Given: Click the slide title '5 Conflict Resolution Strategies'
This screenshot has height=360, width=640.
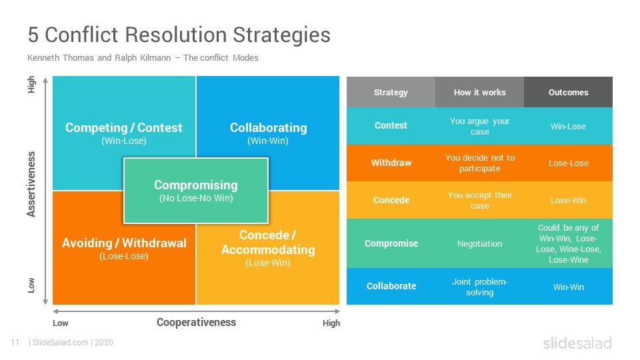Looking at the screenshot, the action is (179, 35).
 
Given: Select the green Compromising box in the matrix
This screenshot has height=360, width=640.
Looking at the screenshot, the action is (196, 191).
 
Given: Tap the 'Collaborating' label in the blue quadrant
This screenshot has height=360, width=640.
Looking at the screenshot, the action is (268, 128).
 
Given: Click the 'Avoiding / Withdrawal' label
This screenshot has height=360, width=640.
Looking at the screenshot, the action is (124, 243).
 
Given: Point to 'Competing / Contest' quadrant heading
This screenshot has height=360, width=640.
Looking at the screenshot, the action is (124, 128).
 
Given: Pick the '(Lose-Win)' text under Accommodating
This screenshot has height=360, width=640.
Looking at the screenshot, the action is (268, 263).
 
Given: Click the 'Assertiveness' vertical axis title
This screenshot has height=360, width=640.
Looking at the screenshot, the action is (31, 184).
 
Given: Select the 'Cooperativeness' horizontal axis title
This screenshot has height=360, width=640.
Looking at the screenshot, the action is (196, 322).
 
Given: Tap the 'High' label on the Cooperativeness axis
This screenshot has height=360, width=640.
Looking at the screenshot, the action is (331, 323).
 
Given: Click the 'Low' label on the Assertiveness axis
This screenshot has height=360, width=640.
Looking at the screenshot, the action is (31, 285).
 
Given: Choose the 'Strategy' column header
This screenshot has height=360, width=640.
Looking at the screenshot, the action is (391, 93).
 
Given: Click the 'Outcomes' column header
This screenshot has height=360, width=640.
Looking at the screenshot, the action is (568, 92).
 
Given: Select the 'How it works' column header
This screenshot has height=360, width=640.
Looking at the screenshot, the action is (479, 92).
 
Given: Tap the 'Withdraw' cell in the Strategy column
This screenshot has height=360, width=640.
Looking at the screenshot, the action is (391, 163).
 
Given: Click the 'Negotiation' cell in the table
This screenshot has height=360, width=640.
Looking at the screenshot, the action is (479, 244).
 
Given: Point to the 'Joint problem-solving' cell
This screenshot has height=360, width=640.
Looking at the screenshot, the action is (479, 287).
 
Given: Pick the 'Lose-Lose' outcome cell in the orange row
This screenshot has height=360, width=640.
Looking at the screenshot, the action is (568, 163).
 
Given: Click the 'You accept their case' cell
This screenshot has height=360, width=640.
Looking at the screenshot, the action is (479, 201).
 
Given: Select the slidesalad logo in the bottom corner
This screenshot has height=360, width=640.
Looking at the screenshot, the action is (577, 343).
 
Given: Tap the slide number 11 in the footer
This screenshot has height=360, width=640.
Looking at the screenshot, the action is (15, 343).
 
